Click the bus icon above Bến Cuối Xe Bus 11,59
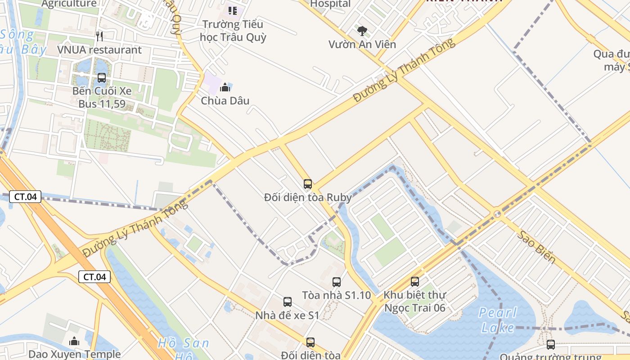tap(102, 77)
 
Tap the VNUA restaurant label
tap(99, 49)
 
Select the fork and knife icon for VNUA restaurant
tap(100, 36)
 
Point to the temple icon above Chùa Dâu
tap(225, 87)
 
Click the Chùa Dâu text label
tap(225, 100)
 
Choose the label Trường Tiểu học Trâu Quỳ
tap(233, 30)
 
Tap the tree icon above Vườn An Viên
tap(362, 31)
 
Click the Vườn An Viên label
tap(362, 44)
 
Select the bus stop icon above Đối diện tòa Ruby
tap(308, 184)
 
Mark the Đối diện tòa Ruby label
tap(308, 197)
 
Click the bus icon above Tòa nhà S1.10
tap(337, 282)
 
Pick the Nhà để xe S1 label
tap(287, 315)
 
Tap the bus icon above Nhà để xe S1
tap(288, 302)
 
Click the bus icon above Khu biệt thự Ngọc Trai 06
tap(415, 282)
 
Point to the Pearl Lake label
tap(497, 319)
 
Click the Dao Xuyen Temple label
tap(74, 354)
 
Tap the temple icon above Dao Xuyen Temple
tap(74, 341)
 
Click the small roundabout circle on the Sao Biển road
tap(497, 214)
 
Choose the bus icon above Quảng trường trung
tap(550, 345)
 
